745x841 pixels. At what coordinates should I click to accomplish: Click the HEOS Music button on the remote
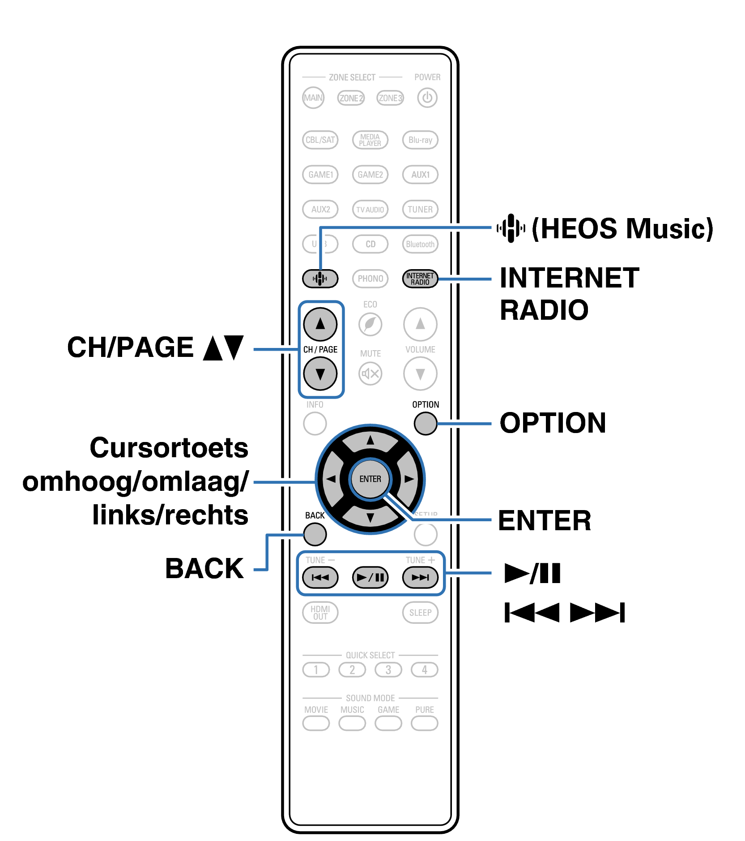320,279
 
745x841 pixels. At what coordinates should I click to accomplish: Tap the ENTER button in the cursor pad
370,479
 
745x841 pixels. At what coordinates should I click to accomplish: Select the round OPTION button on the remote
425,423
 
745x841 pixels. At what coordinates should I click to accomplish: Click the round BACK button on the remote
315,534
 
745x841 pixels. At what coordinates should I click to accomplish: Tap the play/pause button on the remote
370,577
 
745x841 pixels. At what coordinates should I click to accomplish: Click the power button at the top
427,98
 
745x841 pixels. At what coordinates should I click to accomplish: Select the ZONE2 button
351,98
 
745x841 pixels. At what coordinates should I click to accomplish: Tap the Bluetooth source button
420,244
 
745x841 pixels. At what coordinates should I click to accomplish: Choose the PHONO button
370,279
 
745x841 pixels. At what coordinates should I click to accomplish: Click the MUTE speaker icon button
370,373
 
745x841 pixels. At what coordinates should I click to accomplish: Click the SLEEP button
420,613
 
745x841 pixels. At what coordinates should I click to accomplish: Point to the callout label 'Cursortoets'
169,448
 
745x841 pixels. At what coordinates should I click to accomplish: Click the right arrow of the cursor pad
408,479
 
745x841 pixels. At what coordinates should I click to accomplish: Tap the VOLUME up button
420,324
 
